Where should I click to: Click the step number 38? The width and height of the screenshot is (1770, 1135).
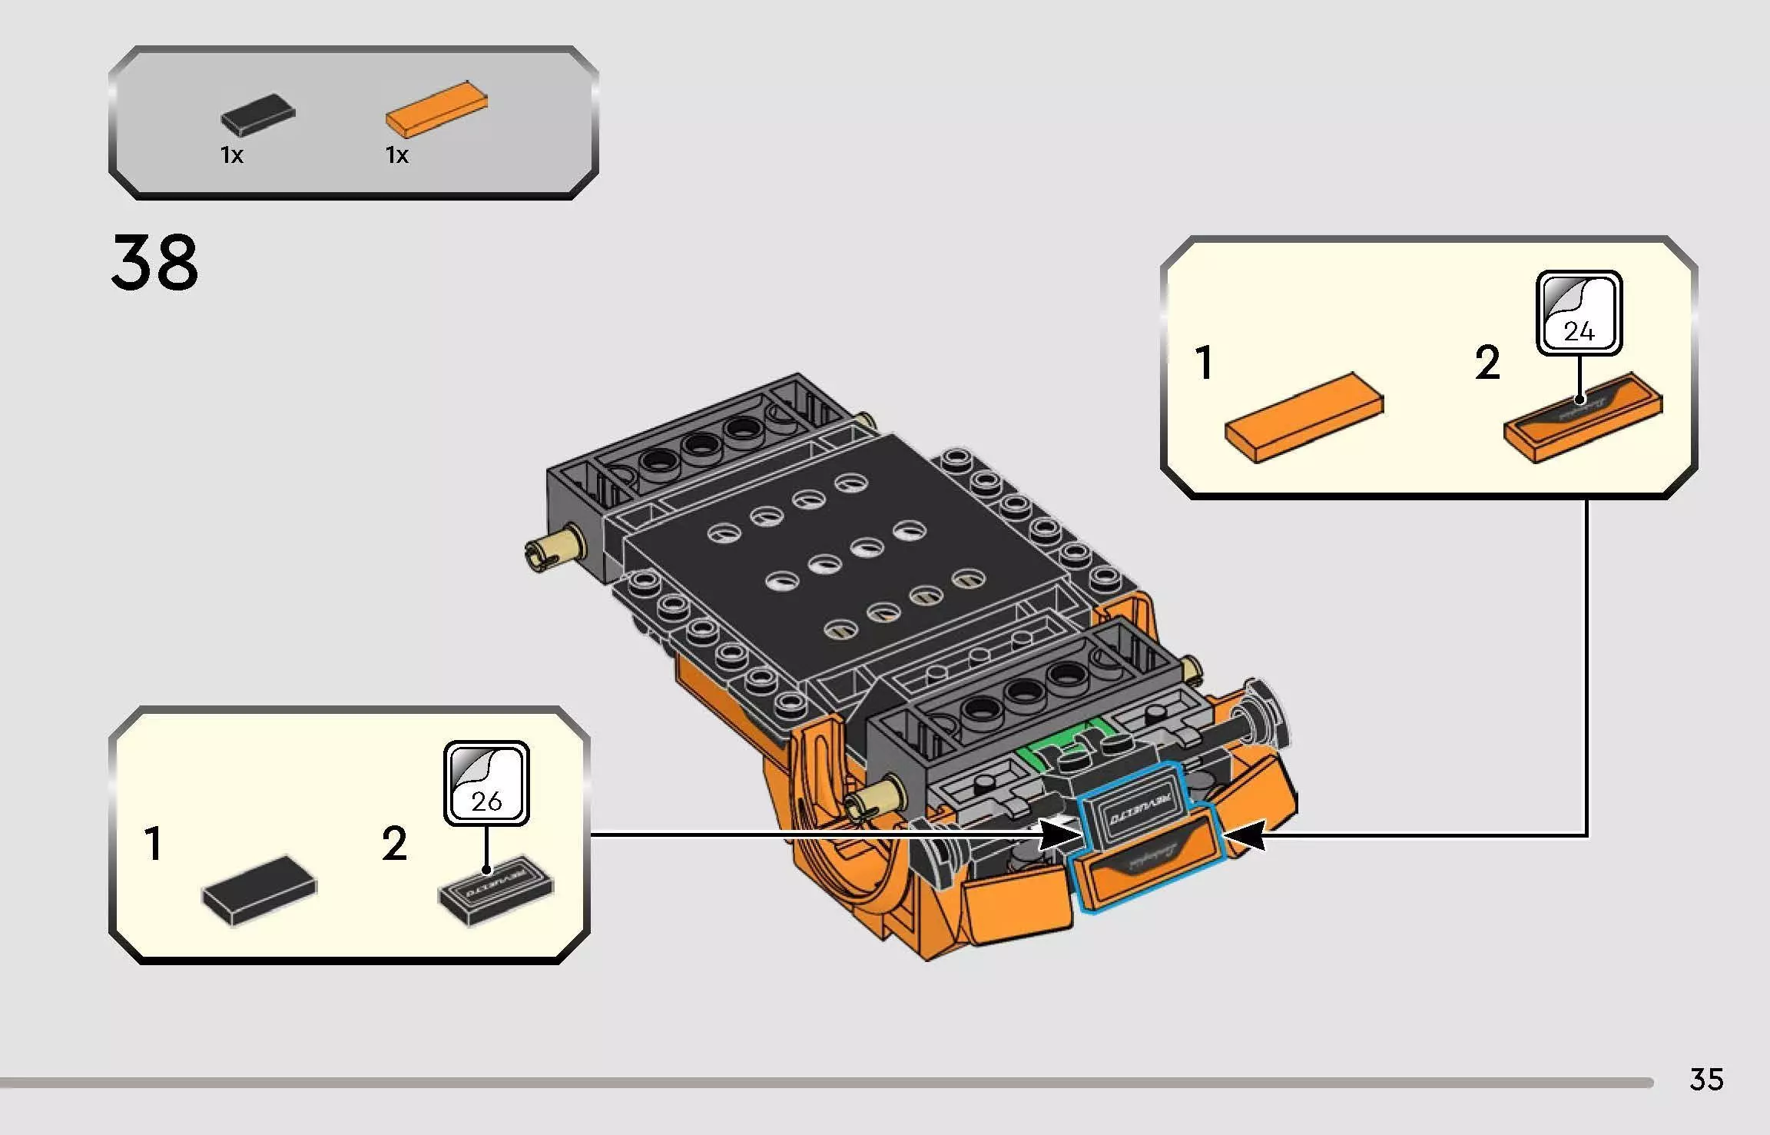(154, 264)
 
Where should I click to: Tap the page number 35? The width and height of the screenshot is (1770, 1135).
(1705, 1080)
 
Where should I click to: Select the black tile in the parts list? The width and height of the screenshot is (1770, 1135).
(258, 115)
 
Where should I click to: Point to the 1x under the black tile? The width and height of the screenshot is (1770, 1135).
(231, 155)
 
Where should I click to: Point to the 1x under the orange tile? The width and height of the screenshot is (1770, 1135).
(396, 155)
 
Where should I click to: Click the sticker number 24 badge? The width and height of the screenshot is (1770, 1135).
(1579, 313)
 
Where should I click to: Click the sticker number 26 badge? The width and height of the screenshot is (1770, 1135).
(486, 783)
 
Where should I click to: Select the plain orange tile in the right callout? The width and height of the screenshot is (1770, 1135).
(1304, 417)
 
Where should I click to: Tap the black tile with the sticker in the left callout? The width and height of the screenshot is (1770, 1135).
(496, 889)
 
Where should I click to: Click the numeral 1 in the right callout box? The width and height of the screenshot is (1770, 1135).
(1204, 363)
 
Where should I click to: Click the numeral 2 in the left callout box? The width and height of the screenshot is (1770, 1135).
(394, 844)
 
